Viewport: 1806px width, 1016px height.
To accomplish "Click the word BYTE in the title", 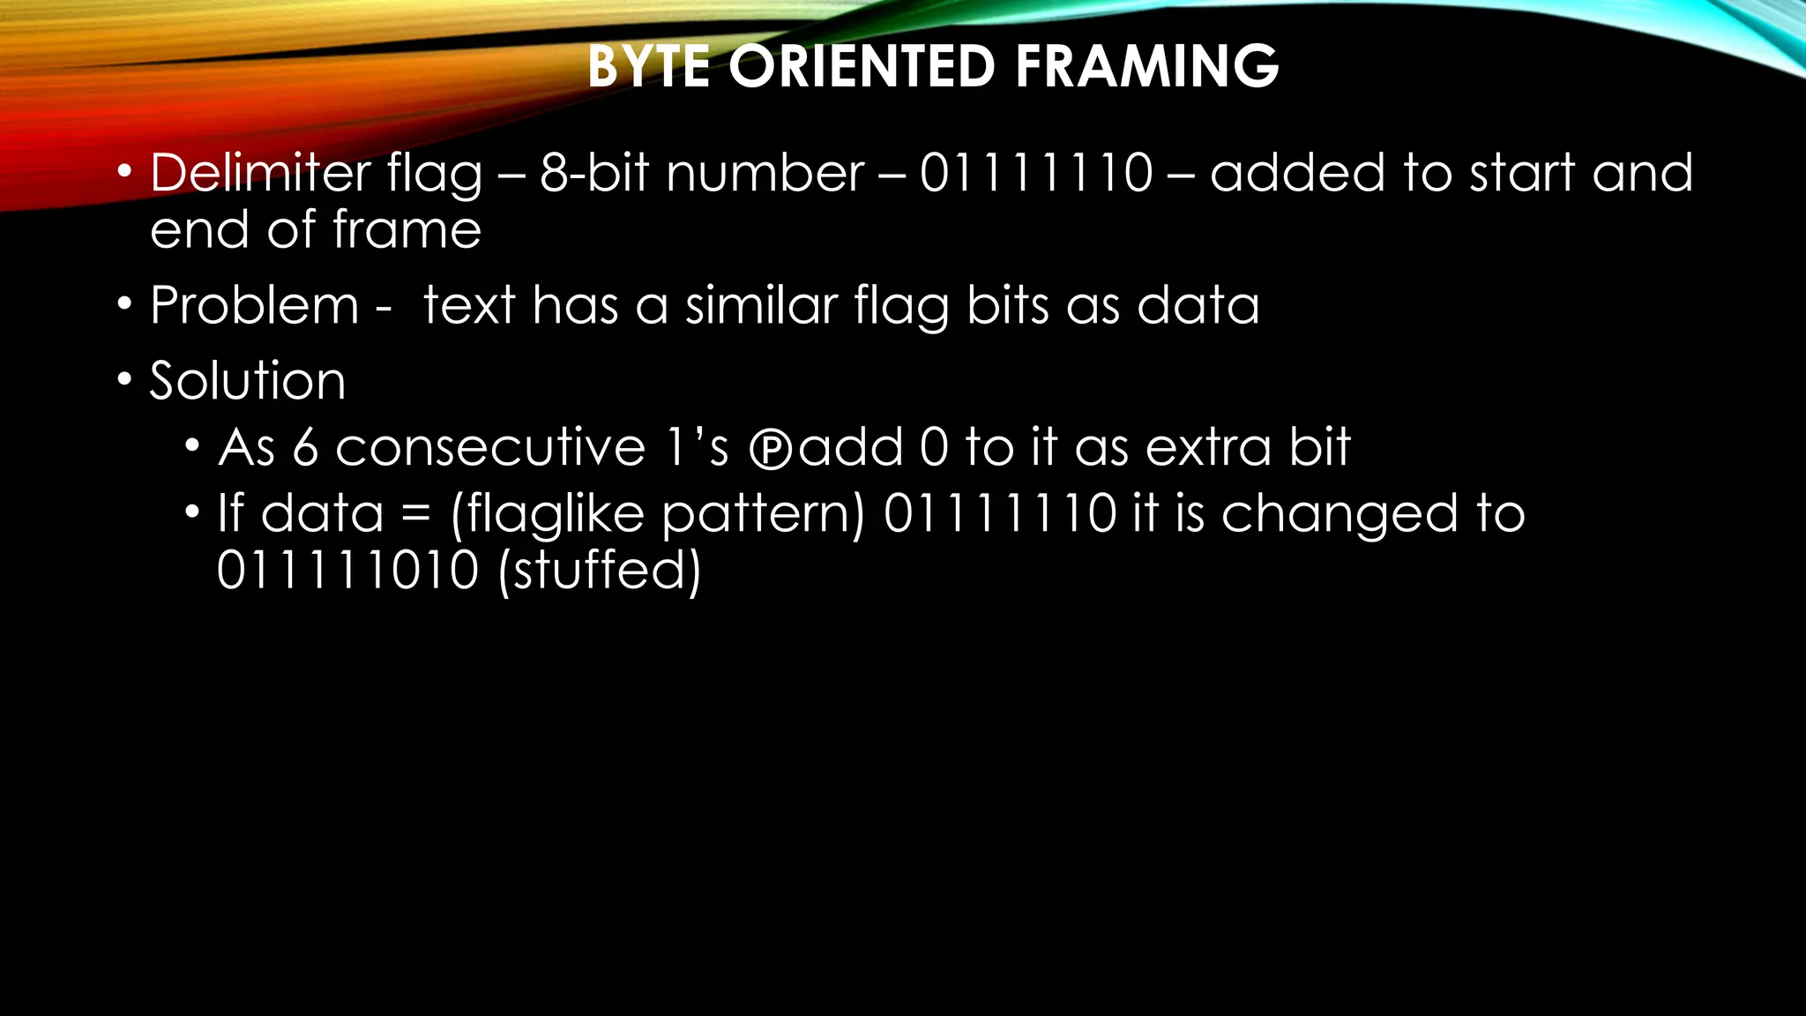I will point(648,66).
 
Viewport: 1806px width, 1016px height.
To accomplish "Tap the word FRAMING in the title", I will point(1146,66).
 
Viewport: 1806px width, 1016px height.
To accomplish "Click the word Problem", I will point(255,306).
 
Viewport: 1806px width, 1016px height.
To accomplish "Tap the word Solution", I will point(248,381).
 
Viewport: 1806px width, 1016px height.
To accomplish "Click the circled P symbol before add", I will point(771,449).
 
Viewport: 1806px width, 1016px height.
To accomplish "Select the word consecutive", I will point(490,447).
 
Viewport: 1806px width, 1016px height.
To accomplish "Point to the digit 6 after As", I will point(305,447).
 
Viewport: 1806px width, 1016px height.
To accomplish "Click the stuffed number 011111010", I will point(347,570).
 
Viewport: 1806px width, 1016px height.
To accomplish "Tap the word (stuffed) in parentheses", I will point(599,570).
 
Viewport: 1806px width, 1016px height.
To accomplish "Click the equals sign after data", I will point(415,514).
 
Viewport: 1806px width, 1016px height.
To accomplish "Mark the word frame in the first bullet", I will point(407,230).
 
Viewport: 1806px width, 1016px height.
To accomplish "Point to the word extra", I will point(1208,447).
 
